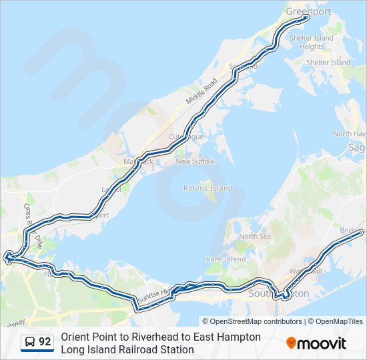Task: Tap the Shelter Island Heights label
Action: pyautogui.click(x=312, y=42)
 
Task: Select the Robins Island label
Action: pyautogui.click(x=208, y=189)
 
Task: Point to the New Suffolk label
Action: pyautogui.click(x=192, y=161)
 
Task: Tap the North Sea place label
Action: pyautogui.click(x=255, y=237)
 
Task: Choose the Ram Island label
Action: pyautogui.click(x=226, y=259)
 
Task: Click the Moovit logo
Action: pyautogui.click(x=316, y=343)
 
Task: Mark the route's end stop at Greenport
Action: pyautogui.click(x=307, y=18)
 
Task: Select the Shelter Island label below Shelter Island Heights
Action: pyautogui.click(x=328, y=63)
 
